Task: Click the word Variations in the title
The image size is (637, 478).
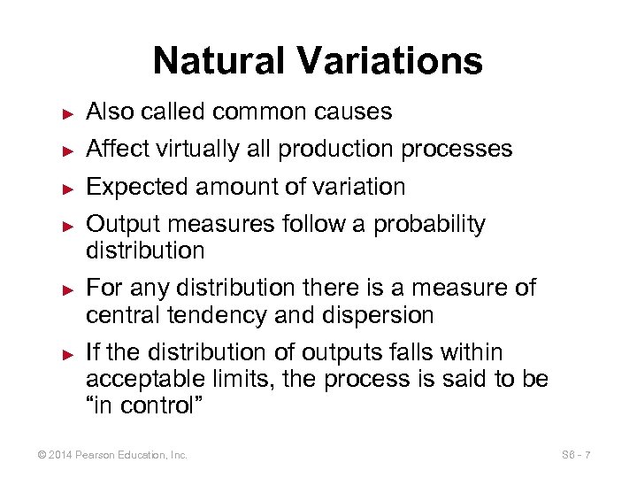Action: pyautogui.click(x=390, y=61)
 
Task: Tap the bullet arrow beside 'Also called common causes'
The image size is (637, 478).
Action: pyautogui.click(x=66, y=113)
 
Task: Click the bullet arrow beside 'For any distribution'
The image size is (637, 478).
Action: pyautogui.click(x=66, y=290)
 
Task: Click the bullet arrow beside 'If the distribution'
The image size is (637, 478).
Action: pyautogui.click(x=66, y=354)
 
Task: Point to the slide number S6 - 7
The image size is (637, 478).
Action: pyautogui.click(x=576, y=455)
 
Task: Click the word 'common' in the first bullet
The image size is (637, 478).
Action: pyautogui.click(x=256, y=112)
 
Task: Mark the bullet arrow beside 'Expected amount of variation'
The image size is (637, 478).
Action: pyautogui.click(x=66, y=189)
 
